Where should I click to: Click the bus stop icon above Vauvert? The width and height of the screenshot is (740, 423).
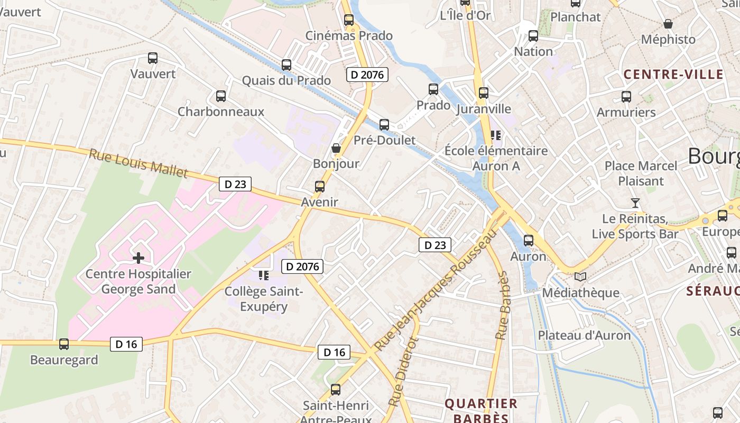153,58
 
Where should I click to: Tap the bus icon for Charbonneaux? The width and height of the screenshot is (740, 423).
221,96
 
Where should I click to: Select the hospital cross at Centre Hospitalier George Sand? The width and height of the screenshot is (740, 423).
138,258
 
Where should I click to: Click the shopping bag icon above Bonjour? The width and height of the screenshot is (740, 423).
336,148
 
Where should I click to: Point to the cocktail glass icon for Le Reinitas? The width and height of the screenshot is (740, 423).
635,203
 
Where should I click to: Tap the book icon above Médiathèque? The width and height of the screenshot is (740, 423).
580,277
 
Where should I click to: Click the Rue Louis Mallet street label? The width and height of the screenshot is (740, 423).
138,163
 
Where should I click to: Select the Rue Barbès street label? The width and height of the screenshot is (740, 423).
502,306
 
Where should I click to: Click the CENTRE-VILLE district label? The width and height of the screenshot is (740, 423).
673,74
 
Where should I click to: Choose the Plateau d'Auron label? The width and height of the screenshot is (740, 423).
584,335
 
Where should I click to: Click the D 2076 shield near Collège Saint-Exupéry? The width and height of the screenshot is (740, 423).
302,266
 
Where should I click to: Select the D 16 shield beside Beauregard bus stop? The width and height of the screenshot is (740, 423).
126,344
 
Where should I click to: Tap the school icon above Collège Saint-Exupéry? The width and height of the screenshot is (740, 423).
264,275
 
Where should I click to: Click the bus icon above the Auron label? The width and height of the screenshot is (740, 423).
528,241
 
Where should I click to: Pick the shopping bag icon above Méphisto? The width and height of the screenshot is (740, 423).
668,24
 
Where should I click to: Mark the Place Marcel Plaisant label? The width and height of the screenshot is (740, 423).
641,173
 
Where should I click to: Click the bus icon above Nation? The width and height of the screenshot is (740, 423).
533,36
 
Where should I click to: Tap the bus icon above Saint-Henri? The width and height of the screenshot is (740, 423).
335,390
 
